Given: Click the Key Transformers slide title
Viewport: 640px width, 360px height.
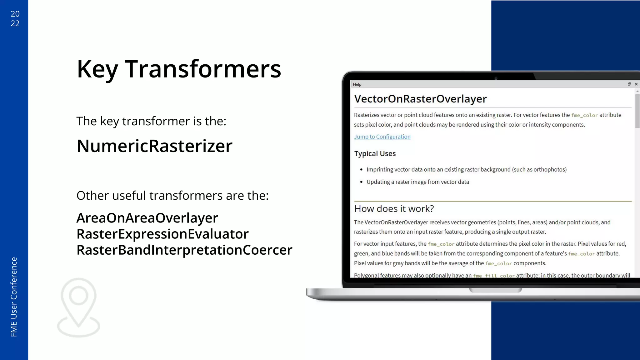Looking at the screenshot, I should [x=179, y=69].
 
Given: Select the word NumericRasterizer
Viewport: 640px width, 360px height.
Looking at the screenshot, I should [x=154, y=146].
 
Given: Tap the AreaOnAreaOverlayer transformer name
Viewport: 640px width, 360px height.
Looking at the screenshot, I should [x=147, y=218].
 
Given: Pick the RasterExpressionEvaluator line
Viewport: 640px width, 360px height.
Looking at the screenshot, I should [x=162, y=234].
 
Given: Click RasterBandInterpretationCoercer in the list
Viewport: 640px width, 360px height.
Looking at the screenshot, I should [x=184, y=250].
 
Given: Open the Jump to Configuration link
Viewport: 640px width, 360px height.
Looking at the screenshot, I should [x=382, y=137].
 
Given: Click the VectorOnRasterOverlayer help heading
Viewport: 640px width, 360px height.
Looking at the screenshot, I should [x=420, y=99].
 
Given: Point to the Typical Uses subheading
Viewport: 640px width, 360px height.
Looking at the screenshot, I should [x=375, y=153].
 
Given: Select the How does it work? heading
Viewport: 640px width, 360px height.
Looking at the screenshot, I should [x=394, y=208].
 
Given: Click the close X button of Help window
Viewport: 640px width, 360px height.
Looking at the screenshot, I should [x=636, y=84].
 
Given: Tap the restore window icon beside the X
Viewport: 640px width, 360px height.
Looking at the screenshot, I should [x=629, y=84].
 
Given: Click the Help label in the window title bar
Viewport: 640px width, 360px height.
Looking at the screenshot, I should [x=357, y=84].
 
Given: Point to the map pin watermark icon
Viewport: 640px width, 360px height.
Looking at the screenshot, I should [x=78, y=307].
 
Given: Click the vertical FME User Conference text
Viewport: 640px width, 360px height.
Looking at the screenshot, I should [x=14, y=297].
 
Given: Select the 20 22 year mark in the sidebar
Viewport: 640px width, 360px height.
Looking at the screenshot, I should [x=15, y=18].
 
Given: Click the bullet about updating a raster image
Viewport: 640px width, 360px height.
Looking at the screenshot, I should [x=417, y=182].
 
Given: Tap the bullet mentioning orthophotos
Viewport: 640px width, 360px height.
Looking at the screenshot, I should [x=466, y=169].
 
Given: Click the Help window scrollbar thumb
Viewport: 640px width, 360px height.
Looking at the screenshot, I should [x=637, y=111].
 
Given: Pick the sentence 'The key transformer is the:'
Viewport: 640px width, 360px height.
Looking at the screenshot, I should [x=151, y=121].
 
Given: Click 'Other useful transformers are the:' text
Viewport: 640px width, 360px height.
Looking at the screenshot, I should [x=172, y=196].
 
